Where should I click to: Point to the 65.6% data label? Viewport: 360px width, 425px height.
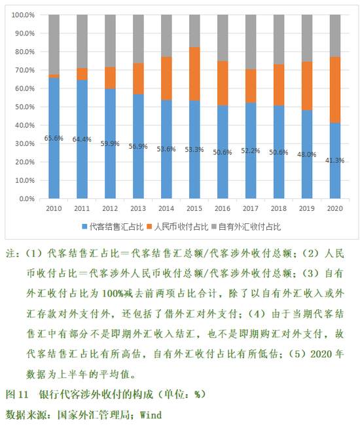click(x=54, y=138)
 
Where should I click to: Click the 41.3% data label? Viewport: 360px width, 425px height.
click(x=335, y=160)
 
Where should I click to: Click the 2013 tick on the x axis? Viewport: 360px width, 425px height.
click(x=138, y=208)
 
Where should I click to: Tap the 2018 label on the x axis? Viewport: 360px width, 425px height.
click(x=279, y=208)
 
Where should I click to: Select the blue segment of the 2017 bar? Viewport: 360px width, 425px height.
click(x=251, y=151)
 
